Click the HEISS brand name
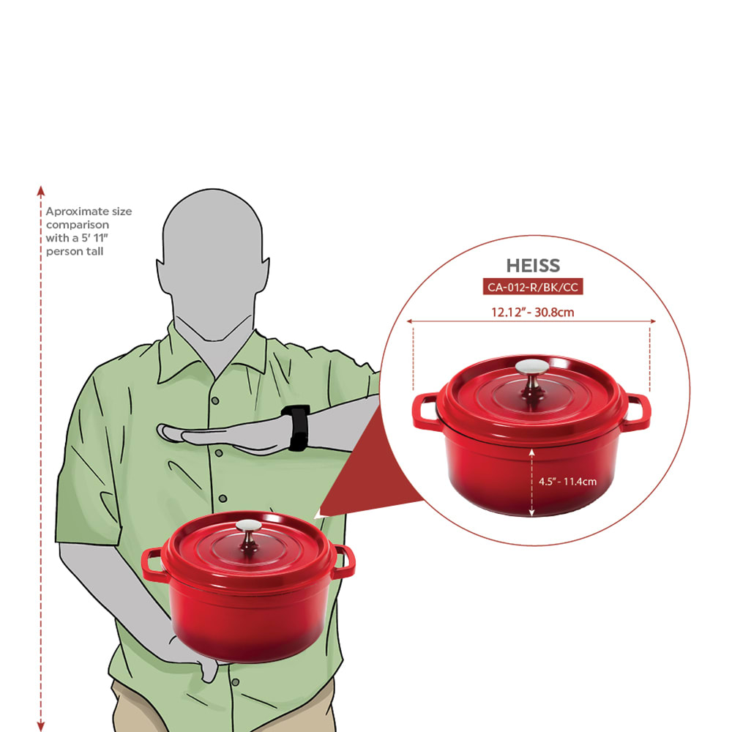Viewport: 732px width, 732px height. coord(533,266)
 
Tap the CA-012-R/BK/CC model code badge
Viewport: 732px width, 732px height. coord(533,287)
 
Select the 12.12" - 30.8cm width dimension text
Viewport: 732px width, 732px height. coord(533,312)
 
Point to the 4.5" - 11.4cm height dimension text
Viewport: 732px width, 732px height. coord(568,482)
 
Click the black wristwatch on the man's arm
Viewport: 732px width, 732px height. coord(296,427)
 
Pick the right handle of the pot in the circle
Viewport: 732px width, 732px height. coord(638,411)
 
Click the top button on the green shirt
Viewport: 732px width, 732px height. coord(215,400)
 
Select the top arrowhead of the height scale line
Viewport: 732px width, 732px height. coord(41,190)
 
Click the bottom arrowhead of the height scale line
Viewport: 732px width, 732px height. coord(41,726)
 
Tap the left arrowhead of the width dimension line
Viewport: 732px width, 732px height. coord(409,321)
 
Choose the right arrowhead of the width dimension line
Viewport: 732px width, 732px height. coord(653,321)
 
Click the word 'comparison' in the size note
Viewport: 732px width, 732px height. coord(78,225)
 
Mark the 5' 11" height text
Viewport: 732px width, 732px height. coord(94,238)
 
